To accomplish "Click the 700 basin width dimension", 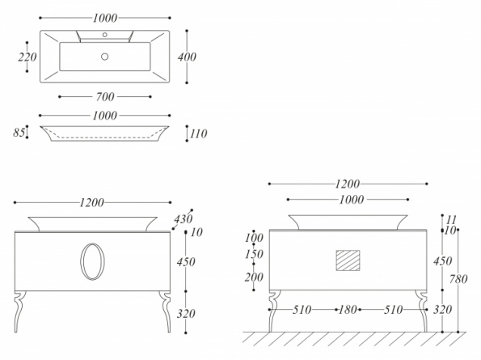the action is [105, 97].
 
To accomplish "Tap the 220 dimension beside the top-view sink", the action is [27, 57].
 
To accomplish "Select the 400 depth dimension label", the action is [187, 57].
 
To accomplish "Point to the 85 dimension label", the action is [19, 133].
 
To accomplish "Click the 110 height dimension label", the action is [199, 133].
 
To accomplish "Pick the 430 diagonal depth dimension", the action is [184, 219].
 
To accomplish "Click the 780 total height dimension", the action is [458, 279].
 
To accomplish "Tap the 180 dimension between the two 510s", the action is [348, 310].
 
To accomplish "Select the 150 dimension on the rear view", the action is [254, 254].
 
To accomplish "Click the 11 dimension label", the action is [451, 220].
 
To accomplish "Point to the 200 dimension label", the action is [254, 277].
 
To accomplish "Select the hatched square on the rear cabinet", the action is [348, 260].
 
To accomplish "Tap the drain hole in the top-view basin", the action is [104, 57].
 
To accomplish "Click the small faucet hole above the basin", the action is [104, 35].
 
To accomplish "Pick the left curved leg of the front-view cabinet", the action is [20, 311].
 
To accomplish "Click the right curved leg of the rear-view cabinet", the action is [422, 311].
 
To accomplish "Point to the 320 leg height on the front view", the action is [186, 314].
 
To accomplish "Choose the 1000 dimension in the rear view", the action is [352, 200].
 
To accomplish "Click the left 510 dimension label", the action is [302, 310].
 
